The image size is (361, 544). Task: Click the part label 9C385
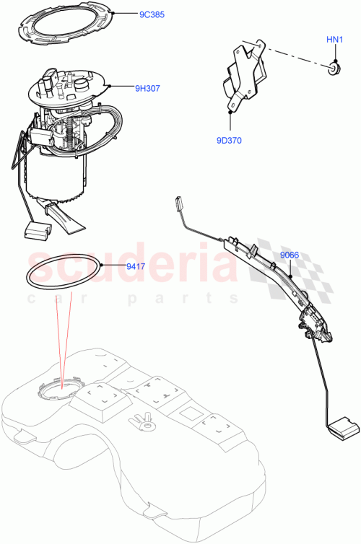[134, 14]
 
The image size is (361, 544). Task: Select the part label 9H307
[147, 89]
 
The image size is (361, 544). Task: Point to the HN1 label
[334, 40]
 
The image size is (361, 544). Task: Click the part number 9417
[136, 266]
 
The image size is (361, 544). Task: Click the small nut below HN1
[334, 69]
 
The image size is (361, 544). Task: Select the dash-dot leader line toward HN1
[296, 58]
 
